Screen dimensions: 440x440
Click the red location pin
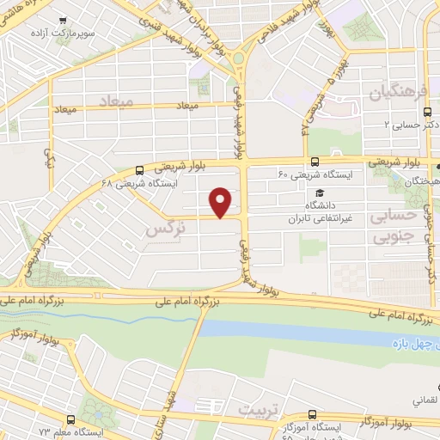click(x=221, y=202)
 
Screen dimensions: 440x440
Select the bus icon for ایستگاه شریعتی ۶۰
click(x=315, y=162)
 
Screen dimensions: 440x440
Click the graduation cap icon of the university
click(x=319, y=192)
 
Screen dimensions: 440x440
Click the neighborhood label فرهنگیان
click(x=395, y=91)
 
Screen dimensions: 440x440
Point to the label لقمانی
click(x=427, y=400)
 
